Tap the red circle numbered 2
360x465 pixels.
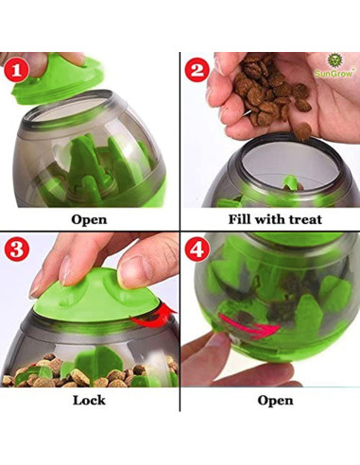coord(196,71)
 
